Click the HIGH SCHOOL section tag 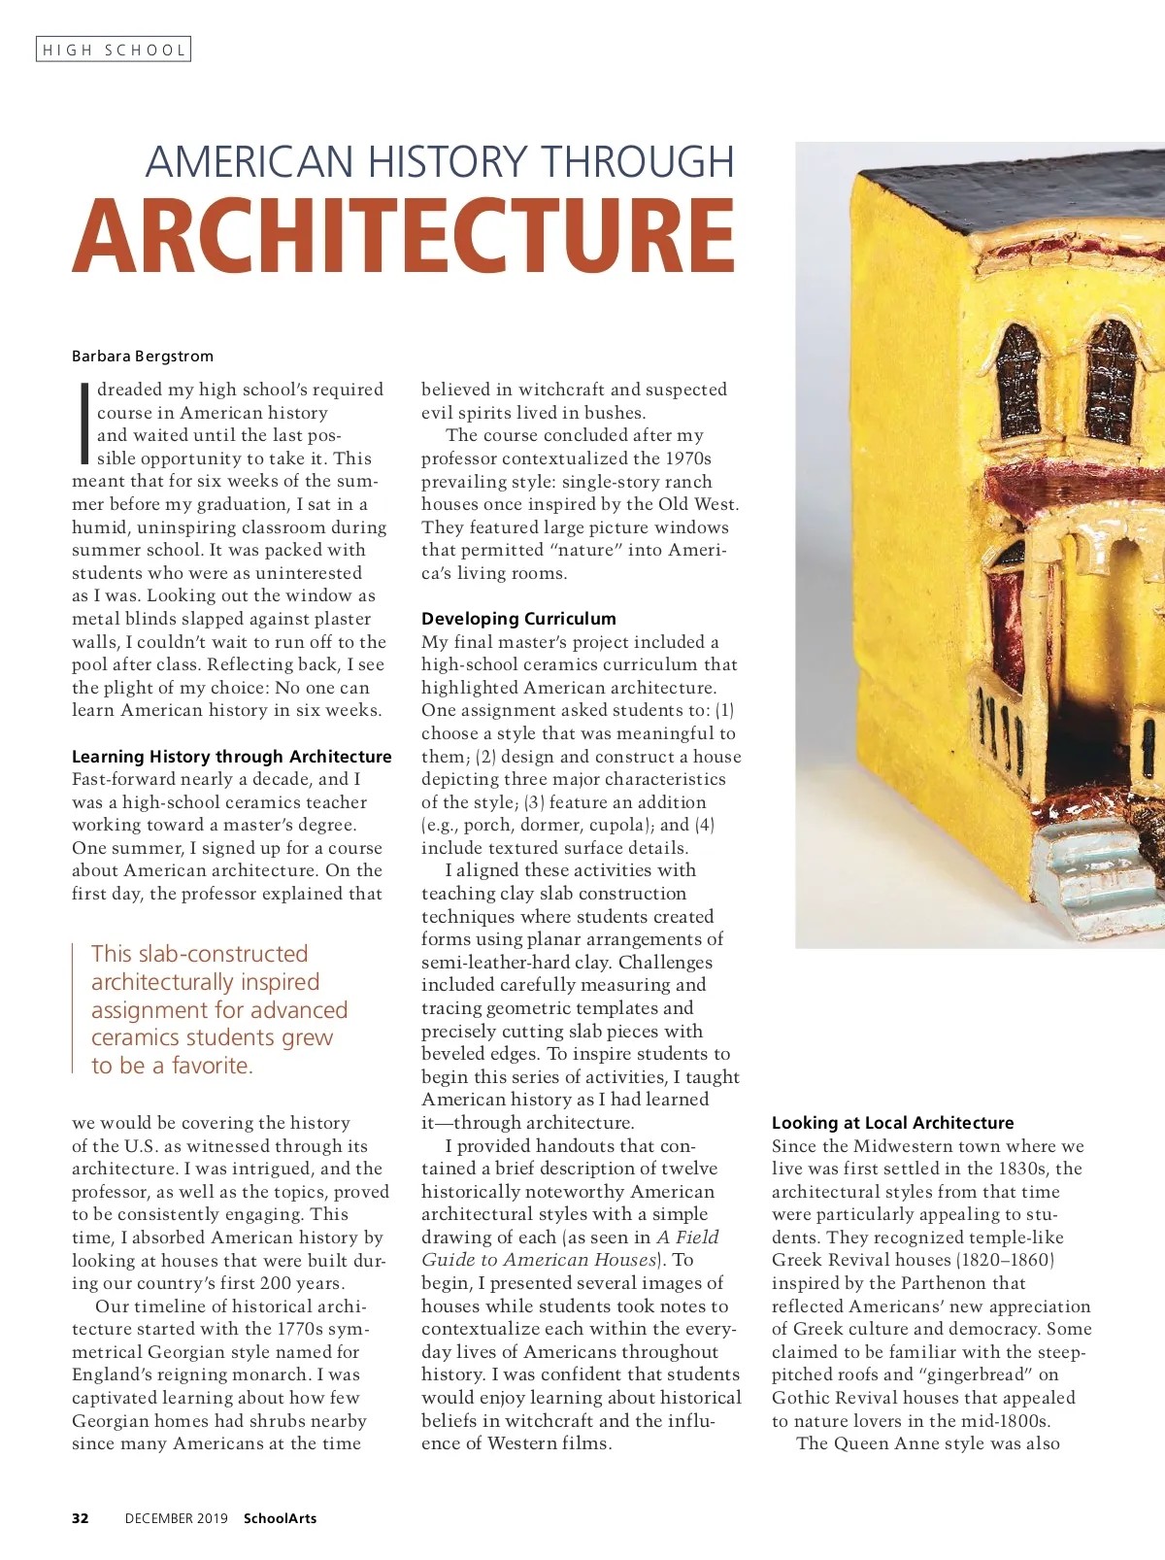coord(114,50)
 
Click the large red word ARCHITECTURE coord(404,237)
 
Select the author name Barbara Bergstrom coord(143,356)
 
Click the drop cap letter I coord(83,422)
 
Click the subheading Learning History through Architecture coord(232,756)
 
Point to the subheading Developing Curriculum coord(518,618)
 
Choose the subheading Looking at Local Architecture coord(892,1122)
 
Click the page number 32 coord(81,1518)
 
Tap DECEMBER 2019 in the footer coord(177,1518)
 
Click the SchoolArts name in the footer coord(280,1518)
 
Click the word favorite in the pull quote coord(212,1066)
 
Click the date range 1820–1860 coord(1006,1260)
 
